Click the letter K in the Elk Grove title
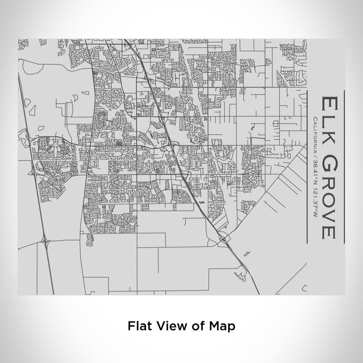pyautogui.click(x=329, y=132)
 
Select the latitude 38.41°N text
pyautogui.click(x=314, y=164)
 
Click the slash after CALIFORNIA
pyautogui.click(x=314, y=150)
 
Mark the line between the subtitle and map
pyautogui.click(x=308, y=166)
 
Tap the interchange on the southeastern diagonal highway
pyautogui.click(x=223, y=239)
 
